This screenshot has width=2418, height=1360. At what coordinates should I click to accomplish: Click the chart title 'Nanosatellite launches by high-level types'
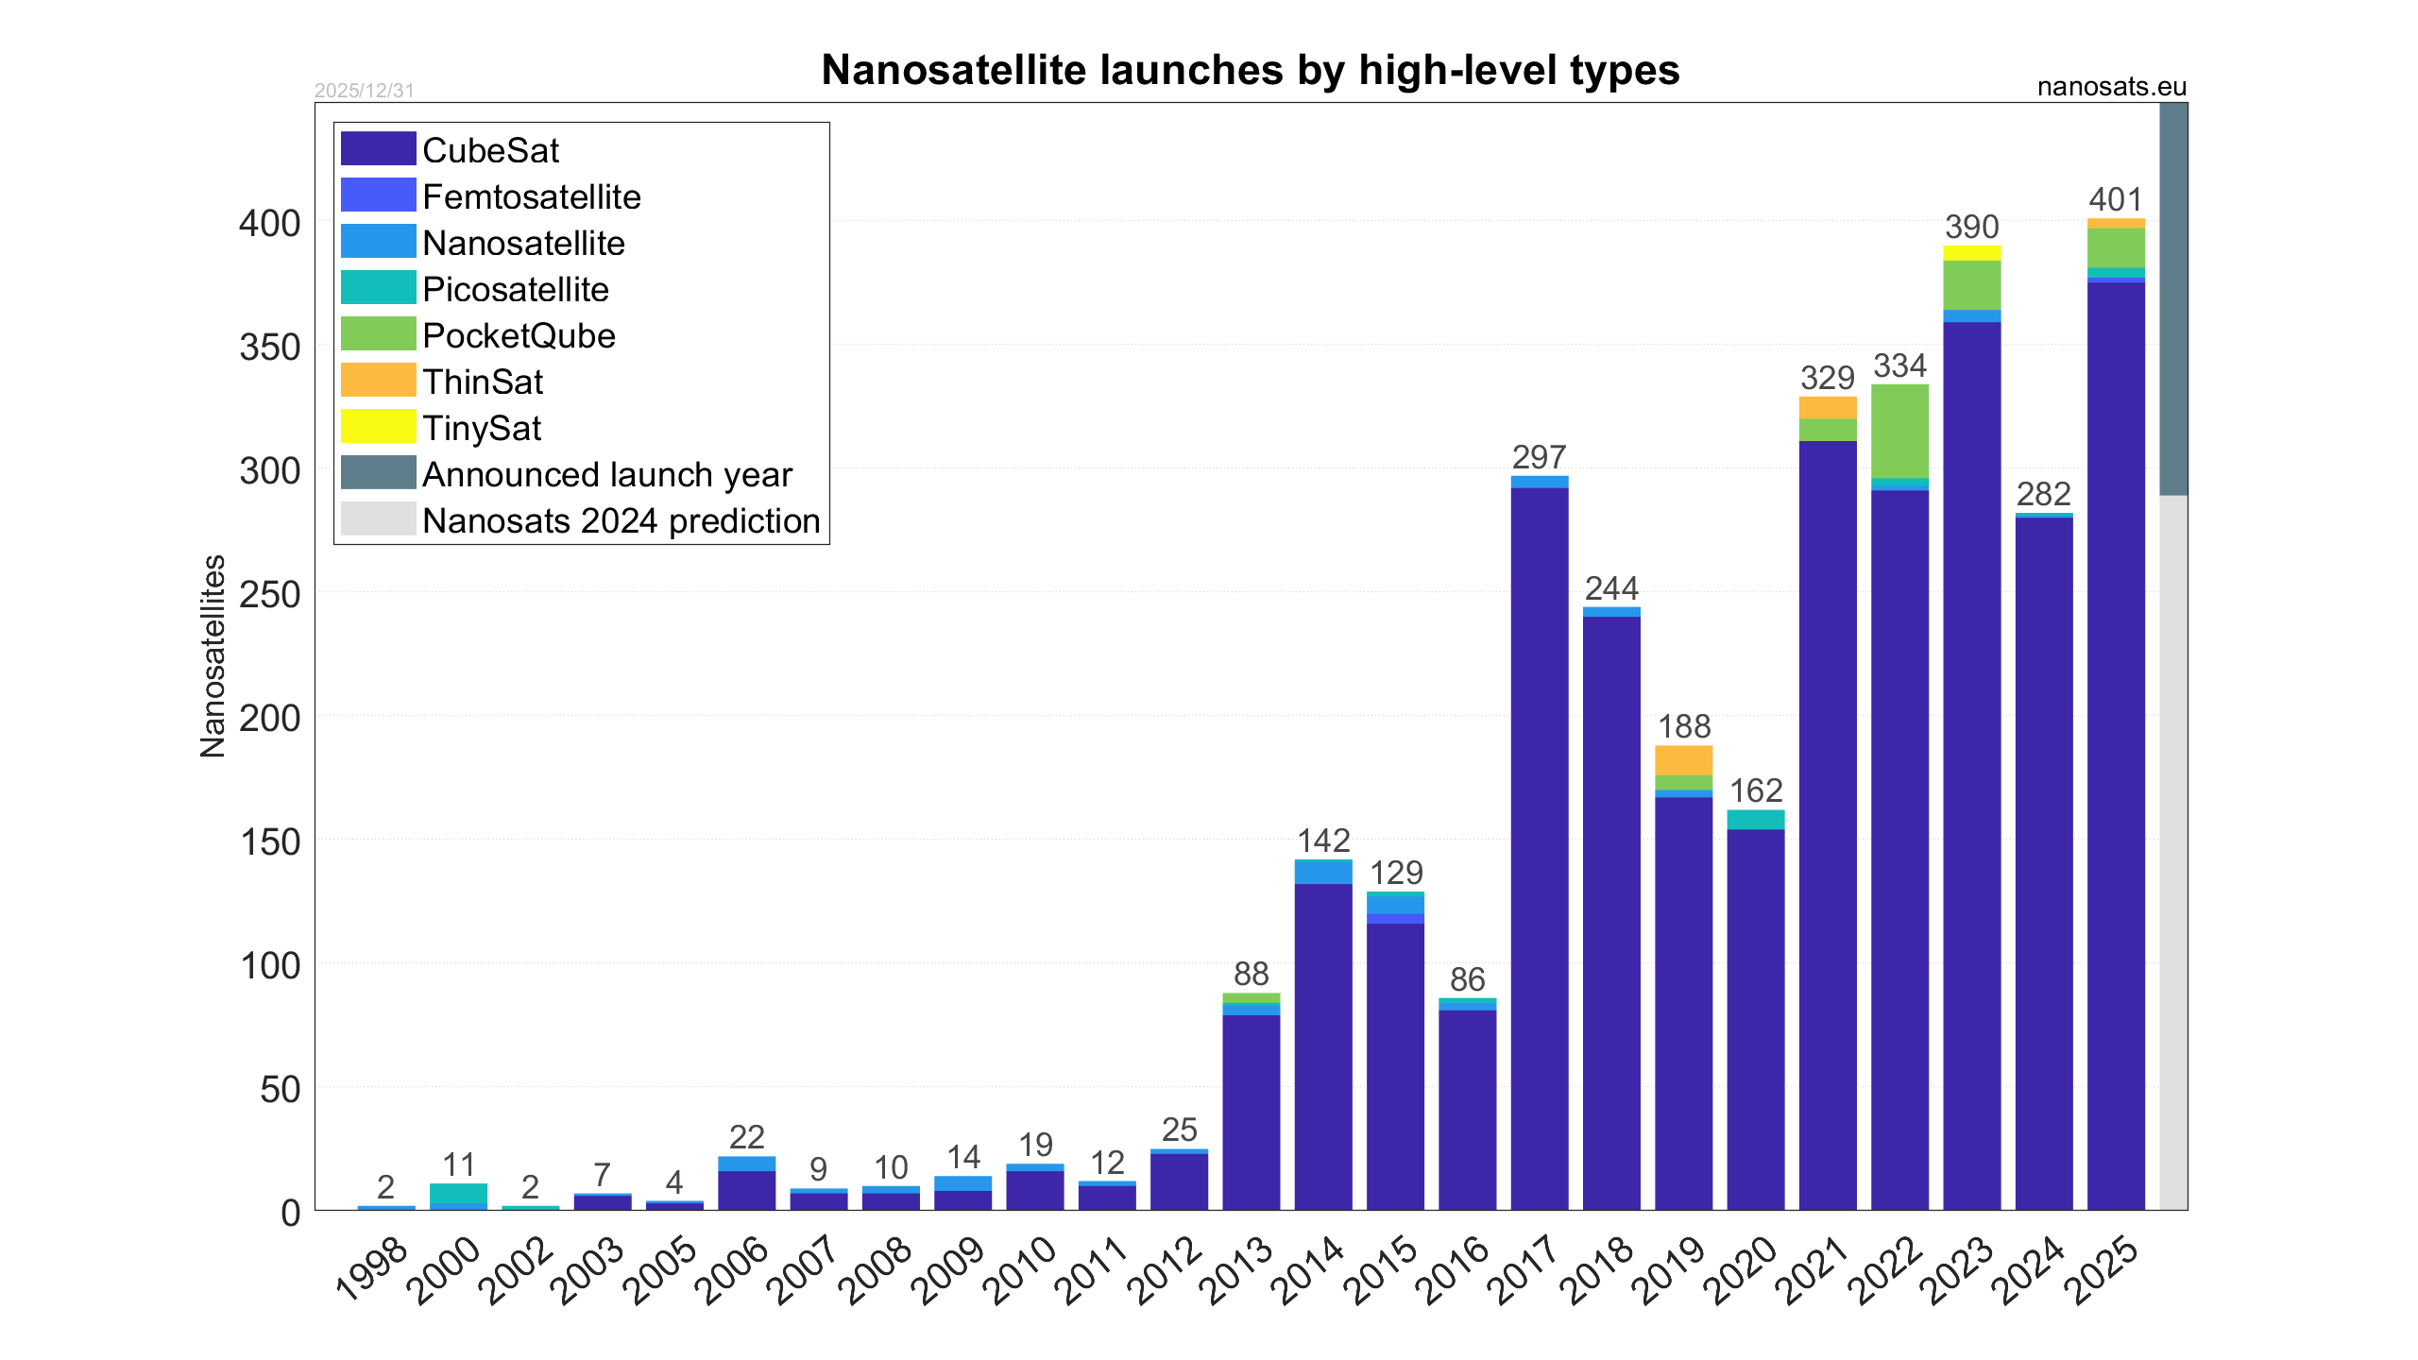pyautogui.click(x=1250, y=70)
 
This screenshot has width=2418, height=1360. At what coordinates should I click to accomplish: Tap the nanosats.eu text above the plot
pyautogui.click(x=2111, y=87)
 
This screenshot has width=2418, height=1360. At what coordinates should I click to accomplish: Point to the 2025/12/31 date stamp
pyautogui.click(x=365, y=91)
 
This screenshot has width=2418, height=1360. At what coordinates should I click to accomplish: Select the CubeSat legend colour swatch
pyautogui.click(x=378, y=149)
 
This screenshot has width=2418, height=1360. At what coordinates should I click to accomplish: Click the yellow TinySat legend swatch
pyautogui.click(x=378, y=427)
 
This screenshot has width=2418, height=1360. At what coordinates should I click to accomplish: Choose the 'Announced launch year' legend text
pyautogui.click(x=606, y=474)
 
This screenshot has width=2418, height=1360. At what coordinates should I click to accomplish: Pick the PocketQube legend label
pyautogui.click(x=519, y=335)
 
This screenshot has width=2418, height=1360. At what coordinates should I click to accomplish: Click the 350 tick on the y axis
pyautogui.click(x=269, y=348)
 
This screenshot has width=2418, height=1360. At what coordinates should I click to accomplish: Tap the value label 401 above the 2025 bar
pyautogui.click(x=2116, y=199)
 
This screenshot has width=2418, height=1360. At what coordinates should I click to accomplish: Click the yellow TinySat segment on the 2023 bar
pyautogui.click(x=1971, y=252)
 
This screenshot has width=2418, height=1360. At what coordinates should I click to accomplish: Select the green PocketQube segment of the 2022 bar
pyautogui.click(x=1899, y=431)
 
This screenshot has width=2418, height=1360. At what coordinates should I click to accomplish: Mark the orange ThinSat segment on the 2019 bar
pyautogui.click(x=1683, y=759)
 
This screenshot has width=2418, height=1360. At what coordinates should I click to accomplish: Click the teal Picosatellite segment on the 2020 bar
pyautogui.click(x=1755, y=819)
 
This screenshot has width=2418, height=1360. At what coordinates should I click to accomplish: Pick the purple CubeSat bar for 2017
pyautogui.click(x=1539, y=850)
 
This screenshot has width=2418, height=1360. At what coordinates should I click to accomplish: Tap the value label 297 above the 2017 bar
pyautogui.click(x=1539, y=457)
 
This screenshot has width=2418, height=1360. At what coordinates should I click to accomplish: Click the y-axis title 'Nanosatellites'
pyautogui.click(x=213, y=656)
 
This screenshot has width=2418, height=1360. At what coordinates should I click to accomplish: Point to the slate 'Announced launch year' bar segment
pyautogui.click(x=2173, y=298)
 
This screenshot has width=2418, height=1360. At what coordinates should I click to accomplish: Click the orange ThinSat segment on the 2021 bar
pyautogui.click(x=1827, y=407)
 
